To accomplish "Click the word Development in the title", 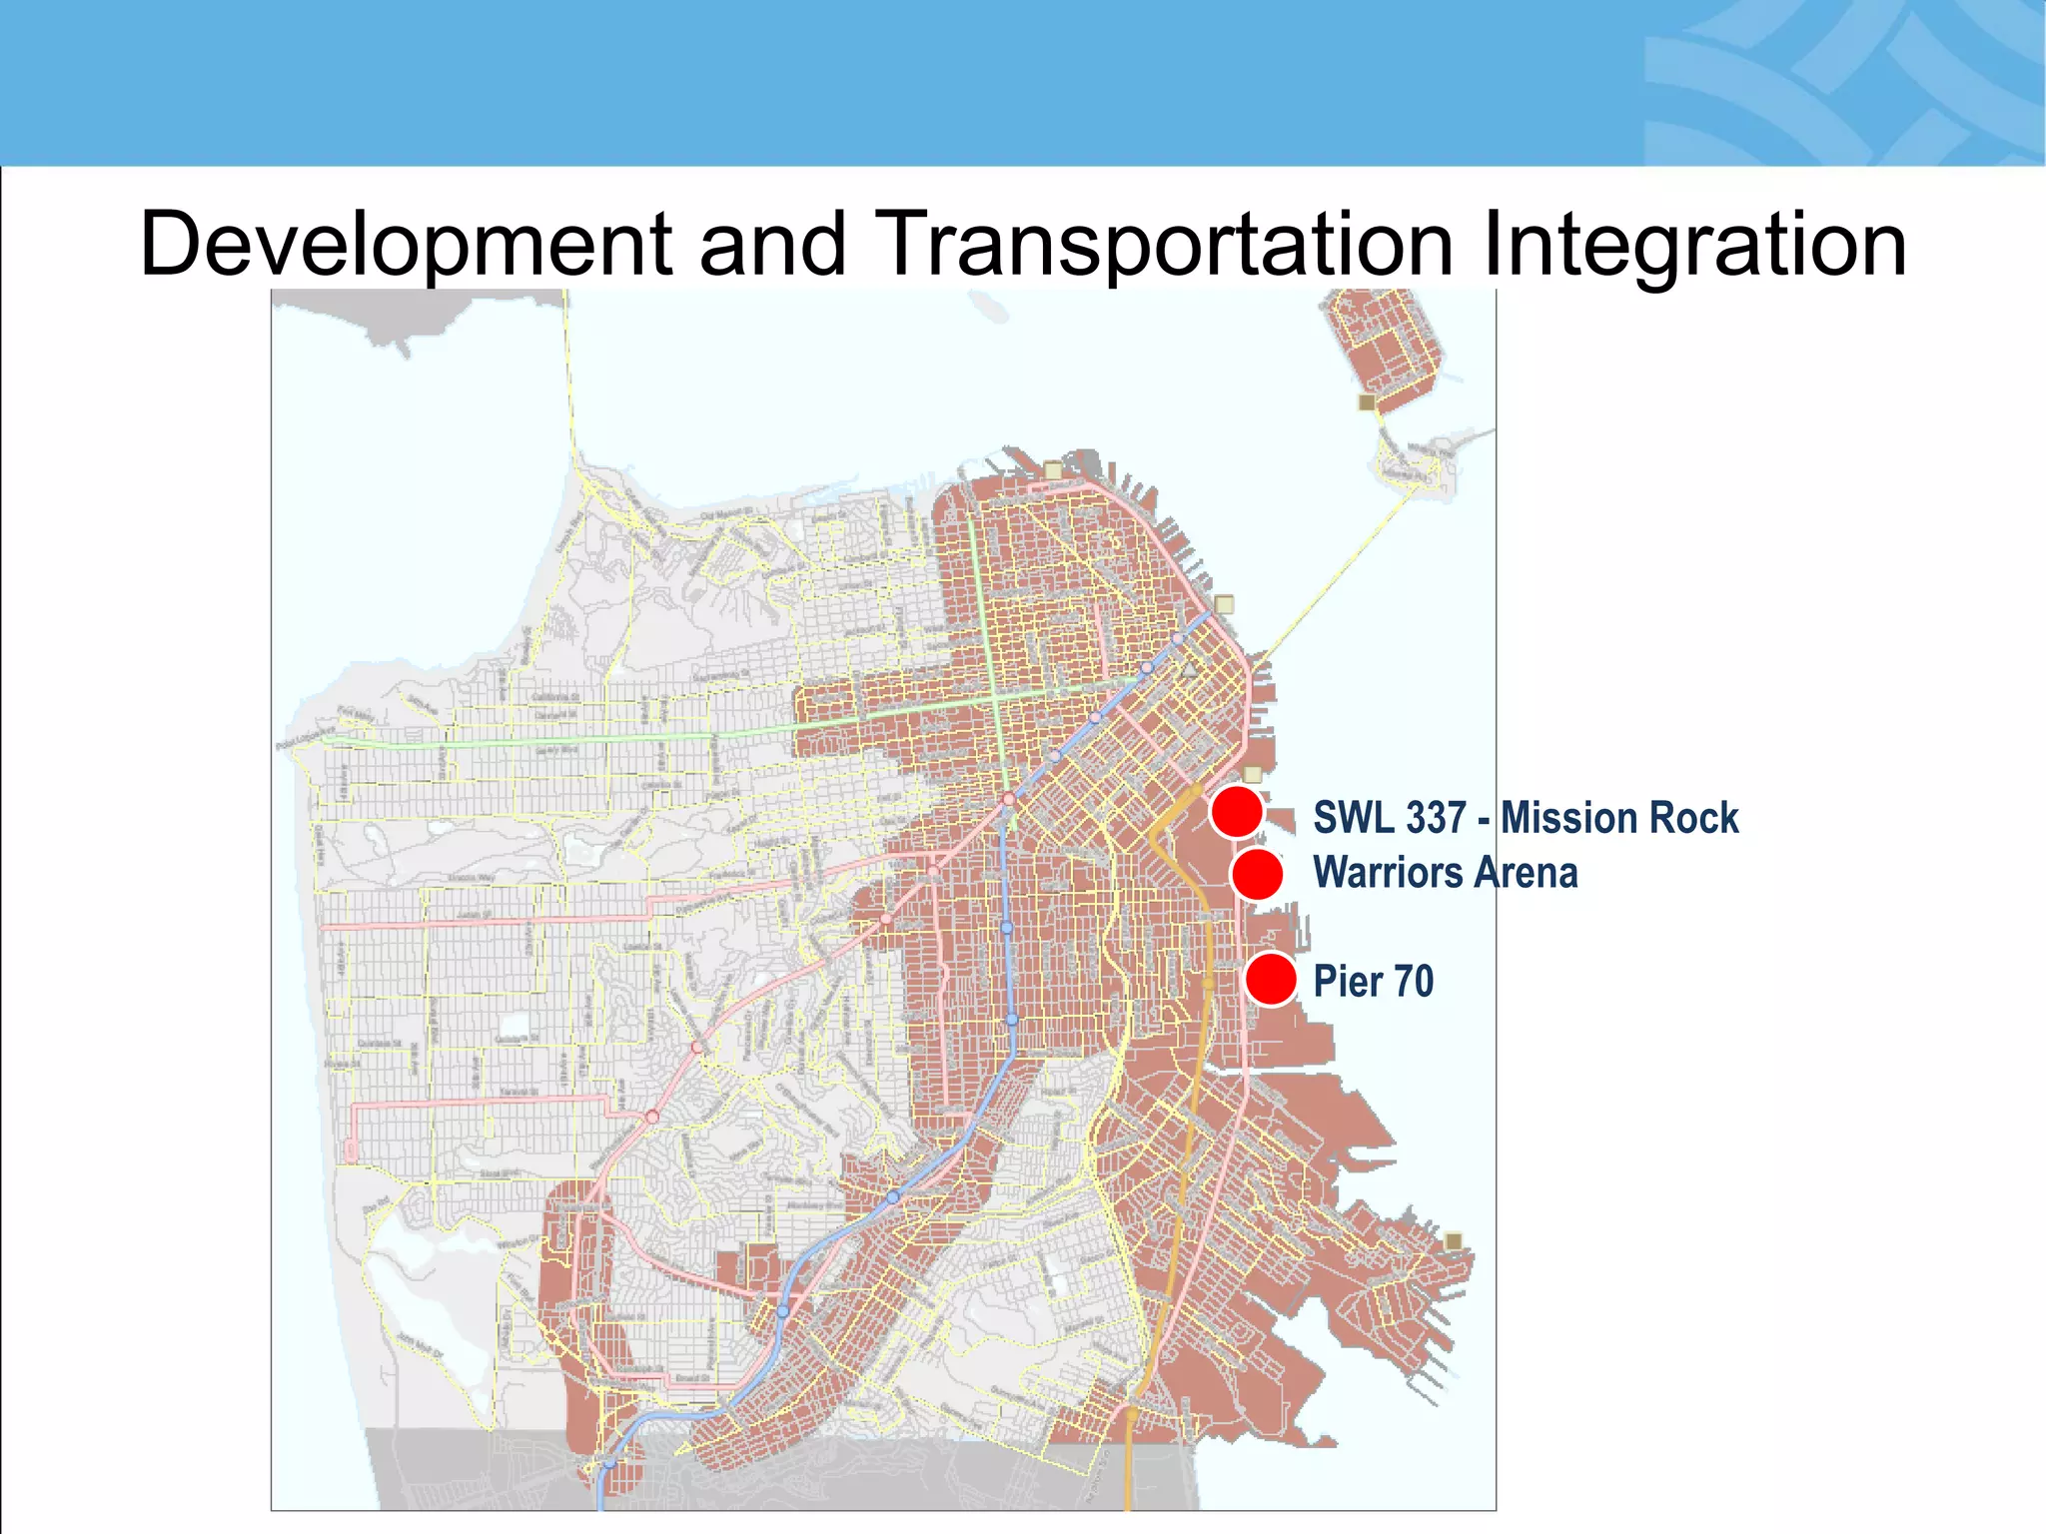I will coord(406,246).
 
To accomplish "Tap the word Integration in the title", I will coord(1693,246).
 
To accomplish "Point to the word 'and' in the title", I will coord(772,246).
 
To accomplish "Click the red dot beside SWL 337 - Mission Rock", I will coord(1237,811).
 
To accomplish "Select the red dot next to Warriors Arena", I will coord(1257,874).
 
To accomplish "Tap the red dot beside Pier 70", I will coord(1271,979).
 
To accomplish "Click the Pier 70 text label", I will coord(1373,981).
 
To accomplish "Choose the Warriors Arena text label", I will coord(1445,873).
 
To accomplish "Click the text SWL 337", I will coord(1389,818).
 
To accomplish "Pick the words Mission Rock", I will coord(1618,818).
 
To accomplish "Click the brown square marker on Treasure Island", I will coord(1367,402).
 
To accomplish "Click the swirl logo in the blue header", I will coord(1838,85).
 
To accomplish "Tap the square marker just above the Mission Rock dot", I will coord(1253,774).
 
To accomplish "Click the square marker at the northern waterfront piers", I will coord(1052,469).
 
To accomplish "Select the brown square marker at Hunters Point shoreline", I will coord(1454,1240).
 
